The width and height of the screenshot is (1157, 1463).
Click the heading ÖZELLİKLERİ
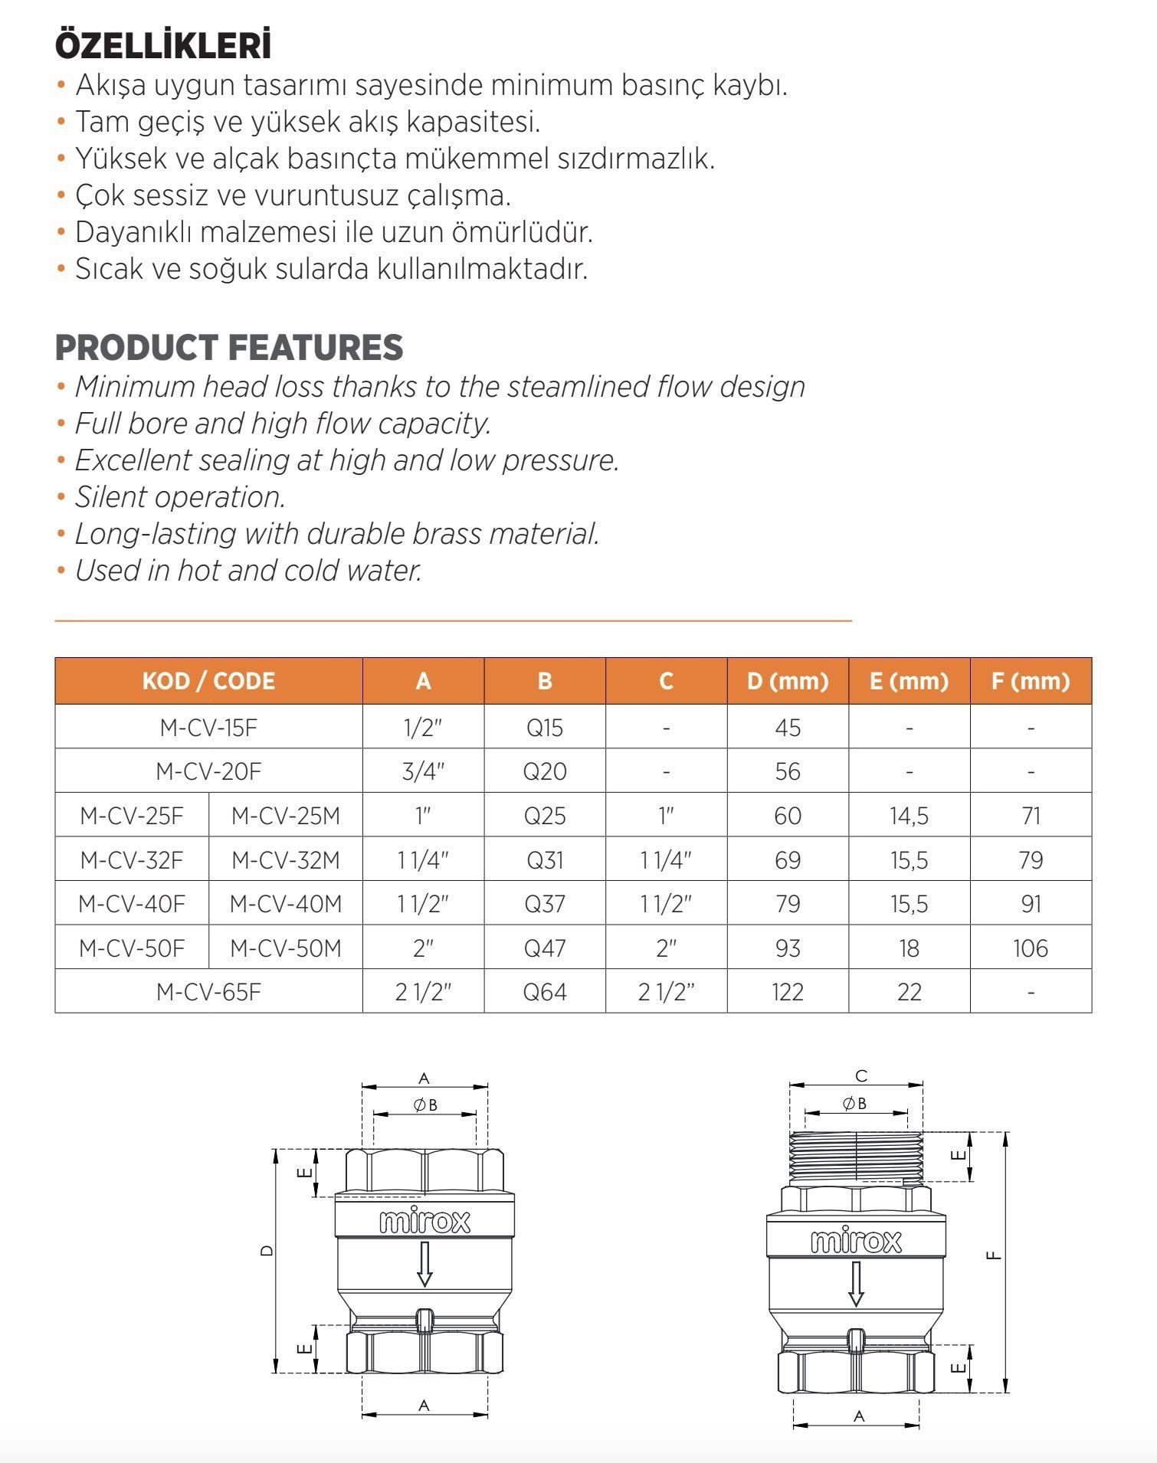163,46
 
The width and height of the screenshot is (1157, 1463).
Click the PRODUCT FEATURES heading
228,348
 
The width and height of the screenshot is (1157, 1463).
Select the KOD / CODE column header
208,681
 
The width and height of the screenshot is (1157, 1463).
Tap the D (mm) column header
788,681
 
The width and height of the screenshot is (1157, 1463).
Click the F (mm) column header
1030,681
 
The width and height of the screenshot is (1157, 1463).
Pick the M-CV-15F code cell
208,727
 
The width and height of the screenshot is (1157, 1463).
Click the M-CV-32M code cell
285,860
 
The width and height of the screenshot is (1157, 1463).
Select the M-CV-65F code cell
208,992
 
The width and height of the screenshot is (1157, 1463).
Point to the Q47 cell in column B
545,948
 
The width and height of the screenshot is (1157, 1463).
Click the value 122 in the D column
788,992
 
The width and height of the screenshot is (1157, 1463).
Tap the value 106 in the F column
1030,948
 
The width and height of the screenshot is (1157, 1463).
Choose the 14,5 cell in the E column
909,816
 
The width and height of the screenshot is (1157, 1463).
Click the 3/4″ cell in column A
423,771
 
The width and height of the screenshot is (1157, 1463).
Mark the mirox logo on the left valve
424,1221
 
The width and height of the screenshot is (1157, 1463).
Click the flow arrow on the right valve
856,1284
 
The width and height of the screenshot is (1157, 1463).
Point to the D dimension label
266,1250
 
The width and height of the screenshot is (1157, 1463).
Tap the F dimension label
994,1255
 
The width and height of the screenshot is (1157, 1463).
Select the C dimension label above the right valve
860,1076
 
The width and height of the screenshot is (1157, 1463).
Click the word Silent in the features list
112,497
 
